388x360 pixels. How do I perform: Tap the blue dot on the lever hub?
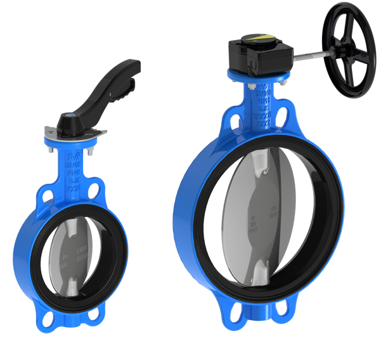69,117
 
